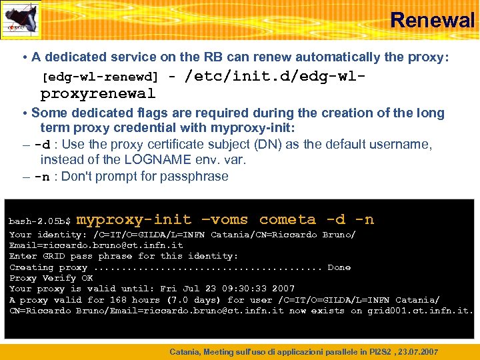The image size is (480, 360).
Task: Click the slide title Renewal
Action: (432, 20)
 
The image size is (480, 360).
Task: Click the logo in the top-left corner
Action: (21, 21)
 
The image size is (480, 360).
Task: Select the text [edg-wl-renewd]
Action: (100, 77)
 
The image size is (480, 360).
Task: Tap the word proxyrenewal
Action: (97, 93)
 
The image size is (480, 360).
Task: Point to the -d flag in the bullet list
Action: (41, 145)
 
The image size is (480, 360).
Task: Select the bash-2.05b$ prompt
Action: (40, 221)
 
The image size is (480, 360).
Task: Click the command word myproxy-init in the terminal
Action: (134, 219)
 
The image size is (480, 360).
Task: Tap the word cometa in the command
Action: (287, 219)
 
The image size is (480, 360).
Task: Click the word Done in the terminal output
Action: (339, 267)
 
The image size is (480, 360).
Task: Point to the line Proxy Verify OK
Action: (51, 278)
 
